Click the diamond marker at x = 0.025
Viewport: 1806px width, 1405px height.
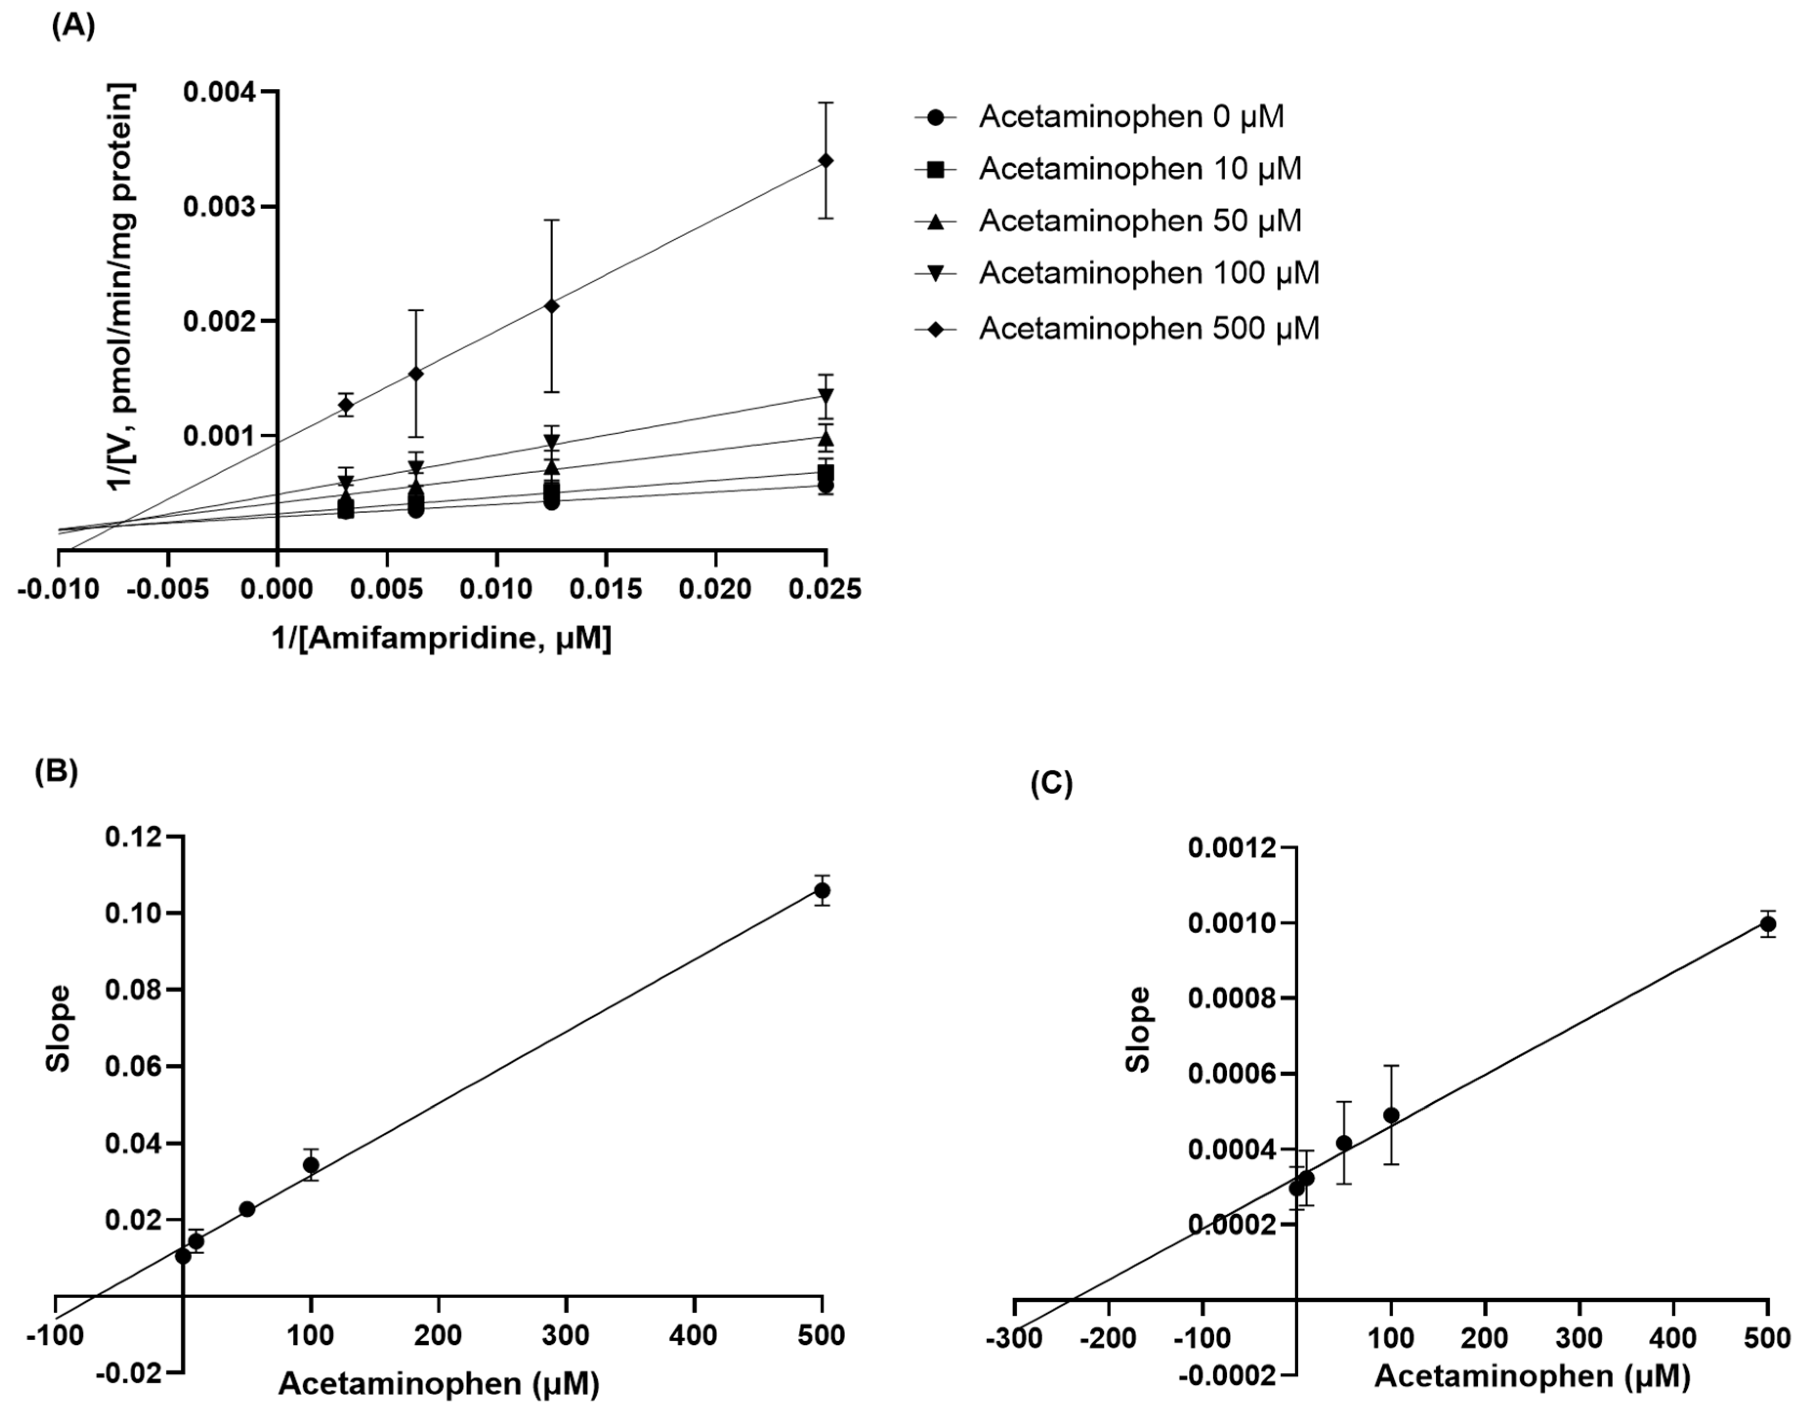pos(825,161)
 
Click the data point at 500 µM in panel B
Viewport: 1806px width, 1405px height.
pos(822,890)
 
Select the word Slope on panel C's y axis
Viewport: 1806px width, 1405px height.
pos(1139,1030)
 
